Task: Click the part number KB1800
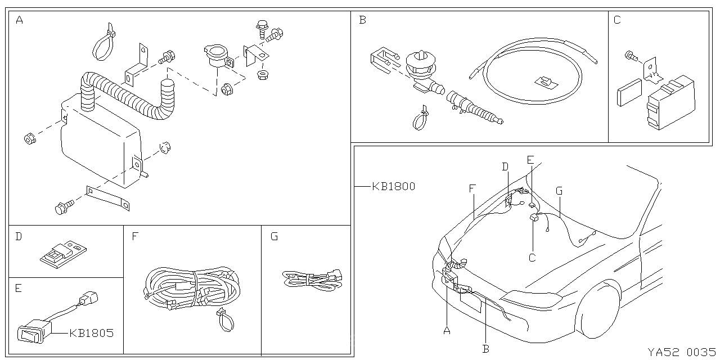393,186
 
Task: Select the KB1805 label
91,333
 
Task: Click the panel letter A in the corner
20,21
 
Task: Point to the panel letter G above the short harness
274,236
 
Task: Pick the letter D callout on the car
505,166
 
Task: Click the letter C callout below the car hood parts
532,258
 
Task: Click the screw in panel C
631,55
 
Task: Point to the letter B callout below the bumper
485,349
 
